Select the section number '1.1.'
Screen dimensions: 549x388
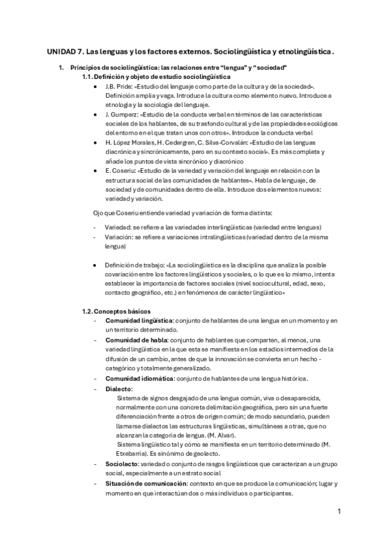click(x=87, y=76)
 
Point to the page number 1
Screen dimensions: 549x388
click(x=339, y=511)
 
